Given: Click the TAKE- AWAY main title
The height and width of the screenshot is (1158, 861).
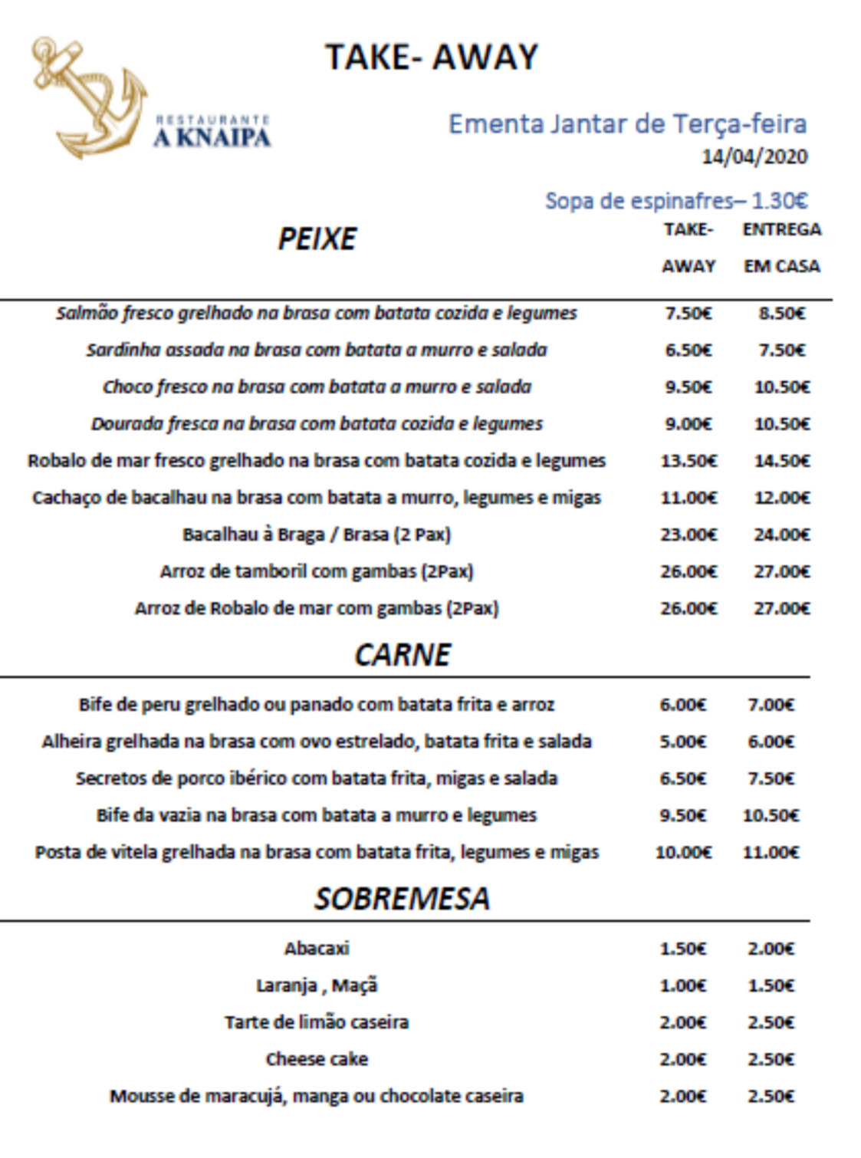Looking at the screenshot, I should (x=432, y=58).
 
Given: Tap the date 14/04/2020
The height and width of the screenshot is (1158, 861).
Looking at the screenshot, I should (x=754, y=156).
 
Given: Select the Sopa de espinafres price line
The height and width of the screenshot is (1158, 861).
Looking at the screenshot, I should (x=676, y=201).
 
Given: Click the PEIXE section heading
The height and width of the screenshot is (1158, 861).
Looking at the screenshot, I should (x=317, y=239).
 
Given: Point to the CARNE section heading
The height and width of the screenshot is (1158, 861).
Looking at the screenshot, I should (x=403, y=655).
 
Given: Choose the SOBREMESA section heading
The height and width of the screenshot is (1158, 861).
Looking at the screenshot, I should (x=402, y=899).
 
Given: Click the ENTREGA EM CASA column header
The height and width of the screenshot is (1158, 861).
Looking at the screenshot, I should (x=781, y=248).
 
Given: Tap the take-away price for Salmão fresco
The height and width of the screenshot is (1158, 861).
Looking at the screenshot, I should (x=688, y=313).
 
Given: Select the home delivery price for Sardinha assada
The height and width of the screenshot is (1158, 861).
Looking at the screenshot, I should (x=781, y=350).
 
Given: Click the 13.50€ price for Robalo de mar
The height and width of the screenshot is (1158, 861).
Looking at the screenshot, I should (x=688, y=461).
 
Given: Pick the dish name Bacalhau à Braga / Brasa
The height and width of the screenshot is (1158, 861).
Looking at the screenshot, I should (x=317, y=535).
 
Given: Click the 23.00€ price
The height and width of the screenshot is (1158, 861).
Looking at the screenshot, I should (x=688, y=535).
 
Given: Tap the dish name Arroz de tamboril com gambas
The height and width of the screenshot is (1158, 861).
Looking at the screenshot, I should (x=317, y=571).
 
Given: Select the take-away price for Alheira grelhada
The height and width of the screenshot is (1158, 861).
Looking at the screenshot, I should (x=682, y=742).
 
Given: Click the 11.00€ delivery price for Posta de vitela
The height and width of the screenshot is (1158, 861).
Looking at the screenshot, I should (x=771, y=852).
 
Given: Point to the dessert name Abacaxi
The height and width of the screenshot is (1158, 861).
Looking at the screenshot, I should (x=317, y=949).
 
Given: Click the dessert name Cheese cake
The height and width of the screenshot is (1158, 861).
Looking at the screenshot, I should (x=317, y=1059).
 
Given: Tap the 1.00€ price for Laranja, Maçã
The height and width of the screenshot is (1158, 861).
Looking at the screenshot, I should (x=682, y=985).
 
